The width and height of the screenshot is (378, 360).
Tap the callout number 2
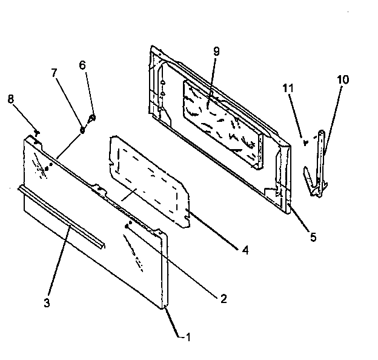click(224, 298)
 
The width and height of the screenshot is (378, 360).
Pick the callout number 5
click(313, 237)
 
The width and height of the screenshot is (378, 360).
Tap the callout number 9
click(216, 51)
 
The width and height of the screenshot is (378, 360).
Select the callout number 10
click(343, 79)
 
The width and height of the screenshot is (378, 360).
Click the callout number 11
click(289, 88)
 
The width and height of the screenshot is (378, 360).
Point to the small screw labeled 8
click(38, 131)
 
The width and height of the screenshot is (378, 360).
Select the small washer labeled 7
click(82, 128)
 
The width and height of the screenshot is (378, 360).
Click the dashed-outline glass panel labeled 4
click(148, 182)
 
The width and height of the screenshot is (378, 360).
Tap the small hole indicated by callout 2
click(127, 225)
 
